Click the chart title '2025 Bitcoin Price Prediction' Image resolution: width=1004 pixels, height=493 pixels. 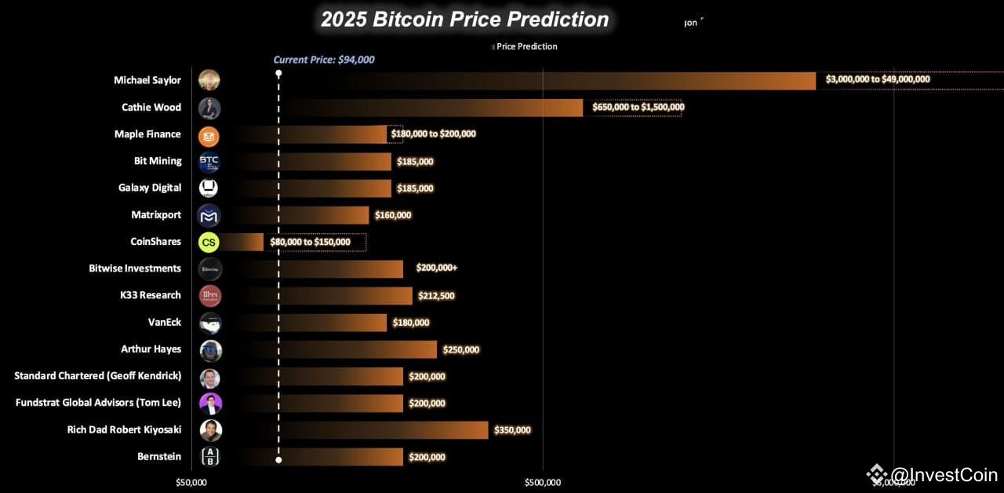(464, 20)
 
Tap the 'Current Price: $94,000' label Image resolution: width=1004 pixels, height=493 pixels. (323, 60)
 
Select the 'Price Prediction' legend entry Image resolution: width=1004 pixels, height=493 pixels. (526, 46)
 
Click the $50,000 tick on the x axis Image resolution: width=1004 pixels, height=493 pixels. (191, 482)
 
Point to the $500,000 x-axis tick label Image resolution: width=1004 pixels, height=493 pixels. (542, 482)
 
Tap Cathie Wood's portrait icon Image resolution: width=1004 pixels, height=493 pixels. (209, 108)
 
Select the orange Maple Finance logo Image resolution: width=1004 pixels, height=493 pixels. (209, 135)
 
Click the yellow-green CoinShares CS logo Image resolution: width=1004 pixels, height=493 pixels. (209, 242)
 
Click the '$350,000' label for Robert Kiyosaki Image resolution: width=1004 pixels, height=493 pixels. (512, 430)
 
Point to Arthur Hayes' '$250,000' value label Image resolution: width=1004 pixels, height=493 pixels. (460, 350)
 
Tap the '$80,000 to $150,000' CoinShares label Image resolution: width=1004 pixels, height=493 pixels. (310, 242)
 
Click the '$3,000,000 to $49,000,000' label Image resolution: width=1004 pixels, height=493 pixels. (878, 79)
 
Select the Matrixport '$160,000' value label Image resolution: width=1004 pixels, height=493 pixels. (392, 215)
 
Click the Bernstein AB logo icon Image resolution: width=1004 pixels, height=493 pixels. (209, 457)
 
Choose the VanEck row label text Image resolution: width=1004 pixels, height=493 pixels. (164, 323)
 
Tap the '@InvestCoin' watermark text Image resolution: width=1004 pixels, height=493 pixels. (944, 475)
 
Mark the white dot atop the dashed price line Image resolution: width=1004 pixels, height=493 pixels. (278, 73)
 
